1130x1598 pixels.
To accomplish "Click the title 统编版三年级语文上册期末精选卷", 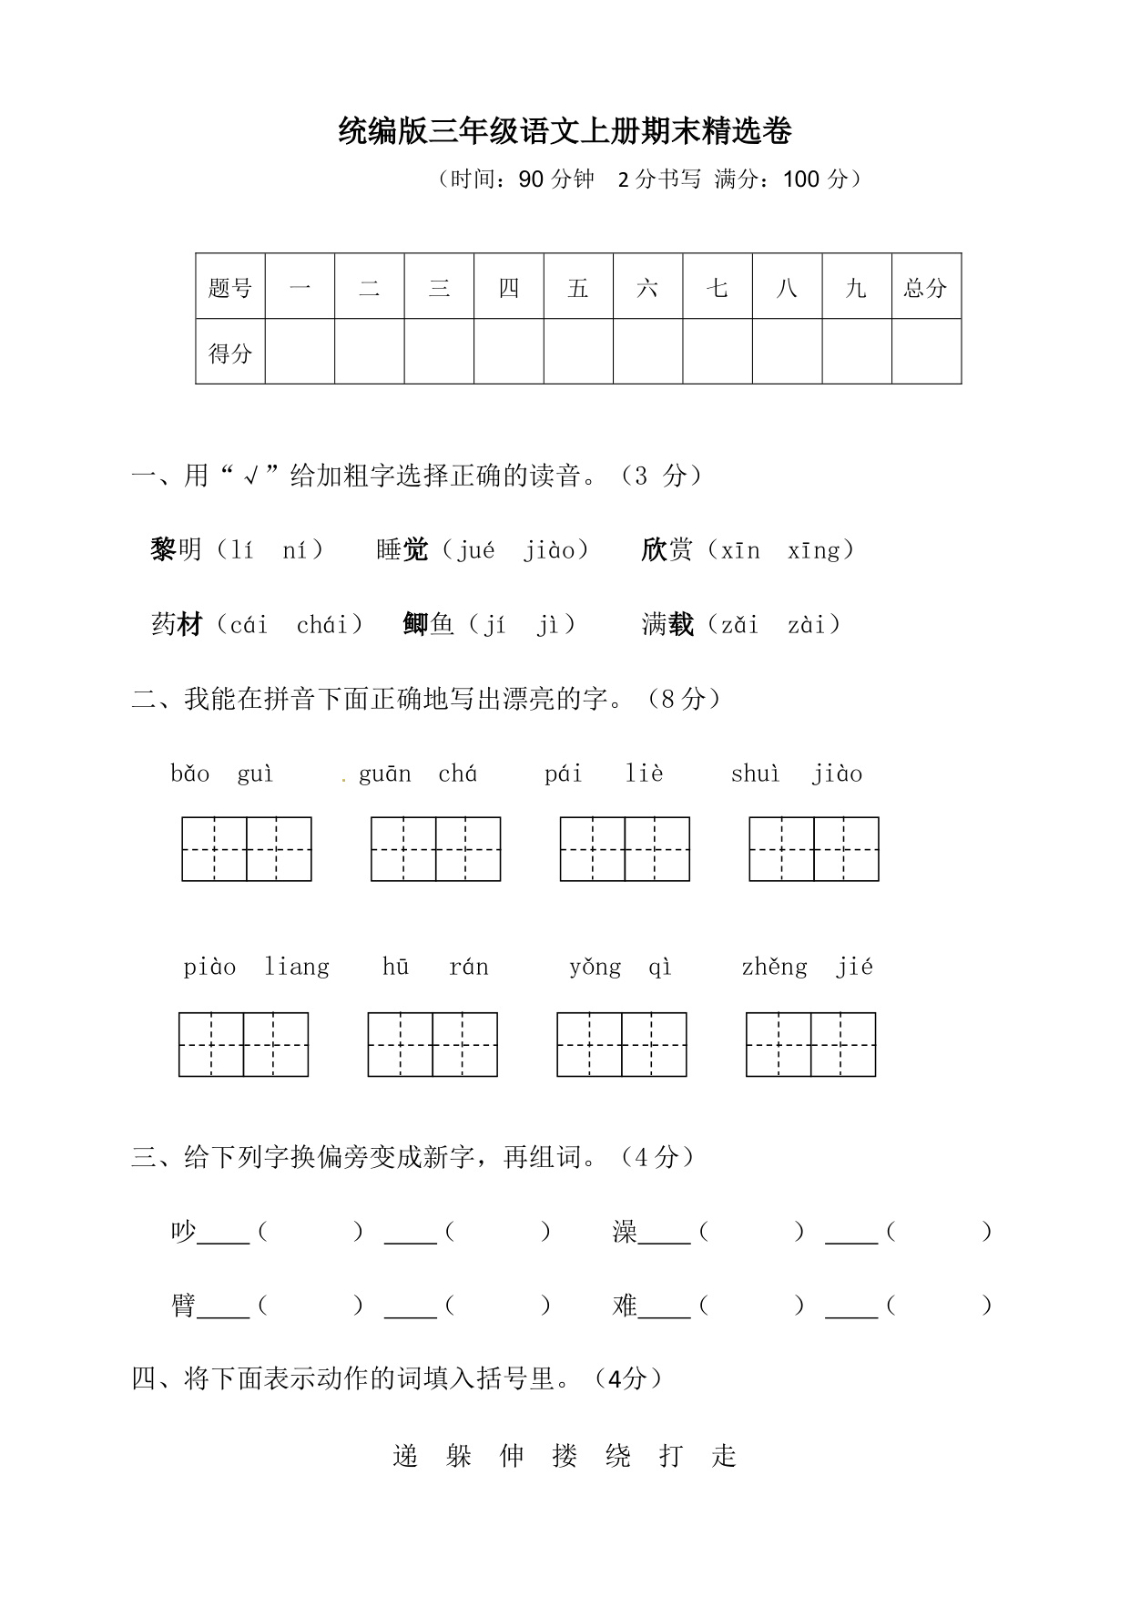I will [565, 132].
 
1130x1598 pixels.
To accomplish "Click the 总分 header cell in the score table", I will [926, 288].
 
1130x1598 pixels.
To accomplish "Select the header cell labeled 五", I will [578, 288].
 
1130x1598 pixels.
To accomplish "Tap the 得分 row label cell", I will [230, 353].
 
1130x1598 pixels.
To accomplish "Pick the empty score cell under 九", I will [857, 352].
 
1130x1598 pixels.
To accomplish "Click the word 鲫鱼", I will [428, 625].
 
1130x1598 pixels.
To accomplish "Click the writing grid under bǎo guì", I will [247, 849].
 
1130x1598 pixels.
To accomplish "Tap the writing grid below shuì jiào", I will [814, 849].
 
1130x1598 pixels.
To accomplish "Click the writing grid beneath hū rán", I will [433, 1044].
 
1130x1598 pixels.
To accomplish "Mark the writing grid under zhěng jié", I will [810, 1044].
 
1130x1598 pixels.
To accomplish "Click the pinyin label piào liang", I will [256, 967].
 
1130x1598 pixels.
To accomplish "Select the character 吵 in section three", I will [183, 1232].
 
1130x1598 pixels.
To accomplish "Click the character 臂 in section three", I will [183, 1306].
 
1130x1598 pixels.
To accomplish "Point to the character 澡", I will [625, 1232].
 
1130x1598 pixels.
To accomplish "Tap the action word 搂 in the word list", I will [565, 1456].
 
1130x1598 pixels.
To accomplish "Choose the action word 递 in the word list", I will [405, 1456].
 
